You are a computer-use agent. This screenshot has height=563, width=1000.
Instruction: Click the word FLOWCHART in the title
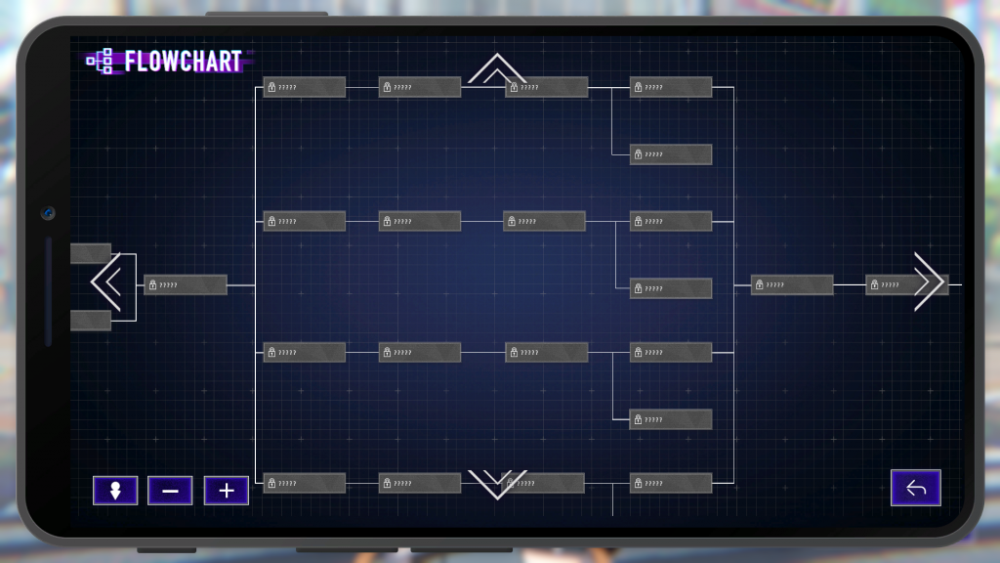pyautogui.click(x=183, y=62)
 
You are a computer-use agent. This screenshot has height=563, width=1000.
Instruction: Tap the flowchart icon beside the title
pyautogui.click(x=99, y=62)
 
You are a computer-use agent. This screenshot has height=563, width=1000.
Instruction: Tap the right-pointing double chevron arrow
pyautogui.click(x=929, y=281)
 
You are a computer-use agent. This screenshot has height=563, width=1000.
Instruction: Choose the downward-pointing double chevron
pyautogui.click(x=497, y=484)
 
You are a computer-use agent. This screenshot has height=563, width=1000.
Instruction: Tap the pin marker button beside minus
pyautogui.click(x=115, y=490)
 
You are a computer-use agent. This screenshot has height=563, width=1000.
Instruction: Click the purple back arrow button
pyautogui.click(x=915, y=488)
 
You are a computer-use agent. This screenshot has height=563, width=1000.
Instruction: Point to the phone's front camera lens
pyautogui.click(x=47, y=213)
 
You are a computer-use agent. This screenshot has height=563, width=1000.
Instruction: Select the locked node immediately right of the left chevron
pyautogui.click(x=186, y=285)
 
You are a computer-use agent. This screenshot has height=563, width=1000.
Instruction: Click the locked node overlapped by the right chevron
pyautogui.click(x=894, y=285)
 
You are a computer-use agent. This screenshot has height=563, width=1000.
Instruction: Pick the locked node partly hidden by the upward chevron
pyautogui.click(x=547, y=88)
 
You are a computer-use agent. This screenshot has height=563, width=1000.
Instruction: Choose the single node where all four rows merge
pyautogui.click(x=792, y=285)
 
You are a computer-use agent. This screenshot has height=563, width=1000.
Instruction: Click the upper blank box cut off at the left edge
pyautogui.click(x=90, y=254)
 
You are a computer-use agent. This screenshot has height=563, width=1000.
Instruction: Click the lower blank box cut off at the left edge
pyautogui.click(x=90, y=321)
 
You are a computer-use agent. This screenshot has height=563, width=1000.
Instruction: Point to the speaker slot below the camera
pyautogui.click(x=48, y=291)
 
